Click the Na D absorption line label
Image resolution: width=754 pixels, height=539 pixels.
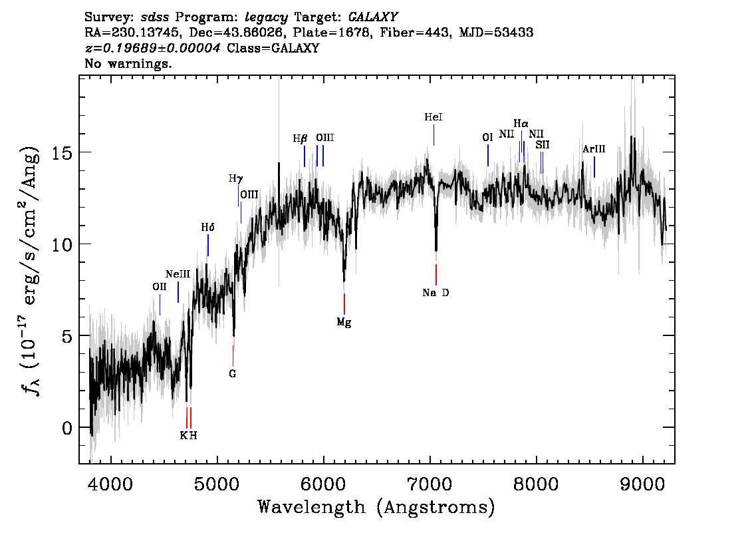point(436,293)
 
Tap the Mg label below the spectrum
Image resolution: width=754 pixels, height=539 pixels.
point(344,323)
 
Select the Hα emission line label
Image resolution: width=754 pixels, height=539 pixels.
point(521,124)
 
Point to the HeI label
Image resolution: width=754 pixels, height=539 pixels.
point(434,117)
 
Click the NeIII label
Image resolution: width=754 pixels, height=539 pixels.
point(178,274)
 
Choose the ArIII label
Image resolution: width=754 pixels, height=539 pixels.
point(593,149)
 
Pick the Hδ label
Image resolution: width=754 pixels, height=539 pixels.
point(208,228)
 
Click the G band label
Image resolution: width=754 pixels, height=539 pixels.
point(233,374)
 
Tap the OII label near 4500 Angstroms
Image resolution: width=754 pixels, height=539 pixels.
point(160,287)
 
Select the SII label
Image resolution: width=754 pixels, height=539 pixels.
point(543,144)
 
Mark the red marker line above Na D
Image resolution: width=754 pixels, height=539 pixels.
point(436,274)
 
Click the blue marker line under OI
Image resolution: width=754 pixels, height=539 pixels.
point(488,155)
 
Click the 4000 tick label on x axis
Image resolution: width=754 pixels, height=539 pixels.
point(110,482)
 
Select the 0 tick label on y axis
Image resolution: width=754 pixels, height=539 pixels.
point(66,427)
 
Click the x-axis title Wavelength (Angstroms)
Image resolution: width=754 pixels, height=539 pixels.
point(376,507)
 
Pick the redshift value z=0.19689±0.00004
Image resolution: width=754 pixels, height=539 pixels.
point(154,49)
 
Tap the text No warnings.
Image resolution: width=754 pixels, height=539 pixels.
point(128,65)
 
